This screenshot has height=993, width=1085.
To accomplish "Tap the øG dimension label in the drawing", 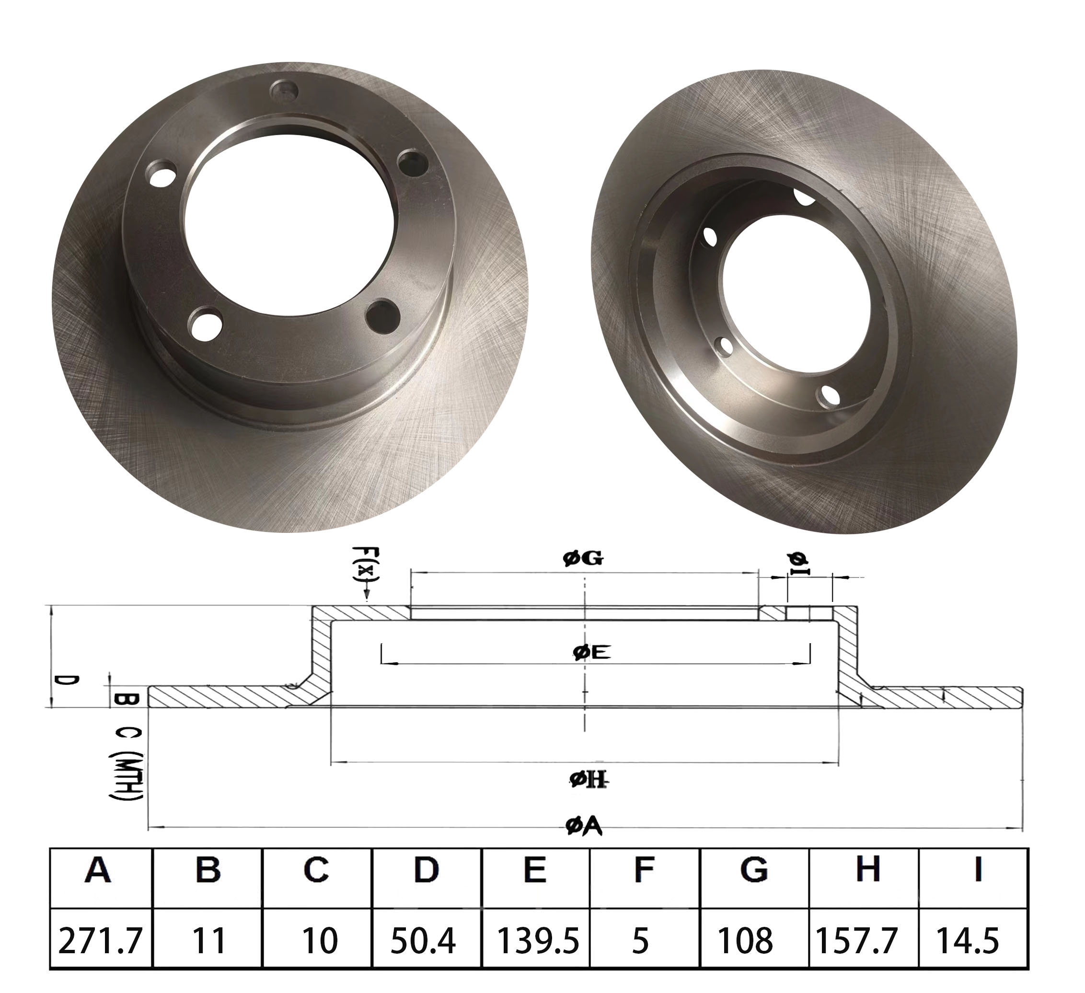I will (x=583, y=559).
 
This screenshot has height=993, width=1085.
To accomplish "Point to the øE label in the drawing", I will (x=592, y=653).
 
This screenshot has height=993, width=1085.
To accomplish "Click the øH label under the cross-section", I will (x=589, y=779).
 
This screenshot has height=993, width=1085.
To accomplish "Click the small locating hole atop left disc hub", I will (x=284, y=89).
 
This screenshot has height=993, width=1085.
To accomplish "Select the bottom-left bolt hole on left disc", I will (x=207, y=323).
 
